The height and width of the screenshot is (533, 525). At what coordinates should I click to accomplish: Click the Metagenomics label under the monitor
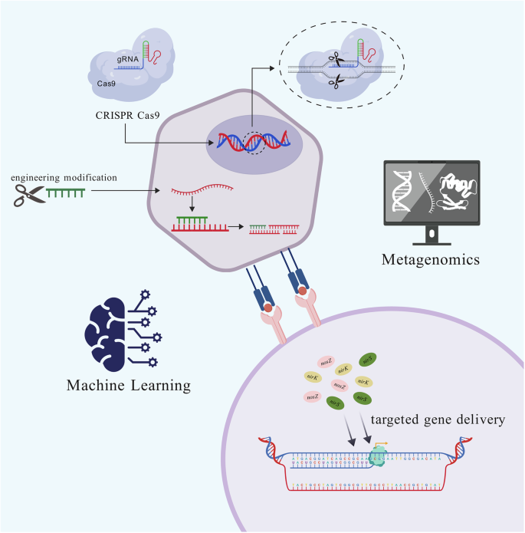[430, 261]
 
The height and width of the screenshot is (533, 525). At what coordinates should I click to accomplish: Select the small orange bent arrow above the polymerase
[381, 443]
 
